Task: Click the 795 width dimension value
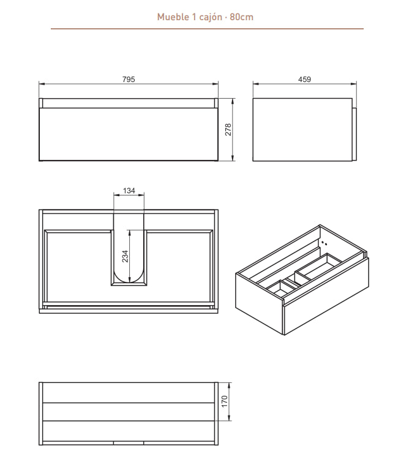tap(129, 79)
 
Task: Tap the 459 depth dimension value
tap(304, 79)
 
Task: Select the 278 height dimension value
tap(228, 129)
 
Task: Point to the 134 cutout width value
tap(129, 191)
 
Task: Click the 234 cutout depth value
tap(125, 256)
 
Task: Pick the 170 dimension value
tap(224, 401)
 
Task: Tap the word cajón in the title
tap(211, 17)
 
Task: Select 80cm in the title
tap(241, 17)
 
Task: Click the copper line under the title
tap(207, 29)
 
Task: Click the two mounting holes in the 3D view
tap(324, 243)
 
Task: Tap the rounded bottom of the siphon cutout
tap(129, 276)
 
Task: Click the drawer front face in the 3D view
tap(326, 296)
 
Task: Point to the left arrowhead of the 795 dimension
tap(42, 84)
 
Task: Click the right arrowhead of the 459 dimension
tap(354, 84)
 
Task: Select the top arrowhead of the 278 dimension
tap(233, 101)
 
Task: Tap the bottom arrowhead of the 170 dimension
tap(230, 418)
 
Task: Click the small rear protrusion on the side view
tap(354, 134)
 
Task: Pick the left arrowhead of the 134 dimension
tap(116, 195)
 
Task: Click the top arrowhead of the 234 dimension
tap(129, 233)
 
